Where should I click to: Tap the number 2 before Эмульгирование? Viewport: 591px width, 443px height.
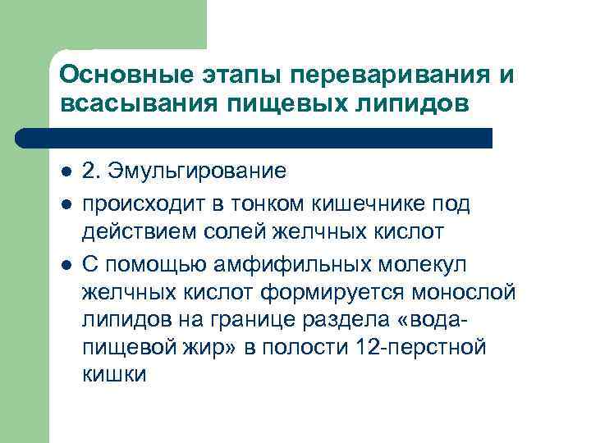tap(89, 171)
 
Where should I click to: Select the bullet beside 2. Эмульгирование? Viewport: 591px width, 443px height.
tap(66, 172)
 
